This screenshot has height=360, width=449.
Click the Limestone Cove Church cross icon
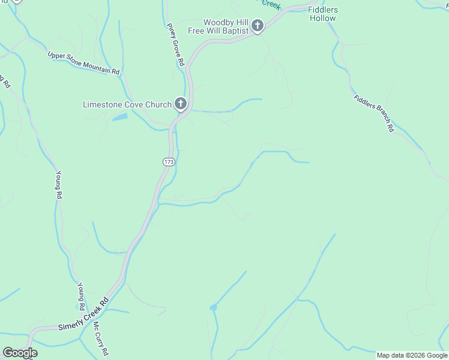click(x=180, y=104)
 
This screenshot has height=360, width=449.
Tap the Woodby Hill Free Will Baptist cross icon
click(x=258, y=26)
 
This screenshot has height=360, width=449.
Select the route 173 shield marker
click(x=168, y=162)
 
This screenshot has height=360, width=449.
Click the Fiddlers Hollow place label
click(x=323, y=14)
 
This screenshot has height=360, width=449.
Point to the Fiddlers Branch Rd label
click(x=373, y=113)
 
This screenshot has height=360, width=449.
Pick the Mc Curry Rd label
click(x=100, y=338)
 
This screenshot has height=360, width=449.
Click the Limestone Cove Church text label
click(x=127, y=104)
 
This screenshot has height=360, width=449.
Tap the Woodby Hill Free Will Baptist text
click(x=226, y=26)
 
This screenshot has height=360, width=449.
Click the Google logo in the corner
click(x=20, y=353)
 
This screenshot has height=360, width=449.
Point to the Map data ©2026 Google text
click(x=412, y=355)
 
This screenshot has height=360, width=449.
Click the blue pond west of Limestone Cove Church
click(x=119, y=116)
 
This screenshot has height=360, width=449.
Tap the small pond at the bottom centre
click(x=213, y=307)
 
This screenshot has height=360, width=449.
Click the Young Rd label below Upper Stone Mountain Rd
click(x=59, y=185)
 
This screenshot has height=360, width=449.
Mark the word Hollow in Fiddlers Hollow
click(x=323, y=19)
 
